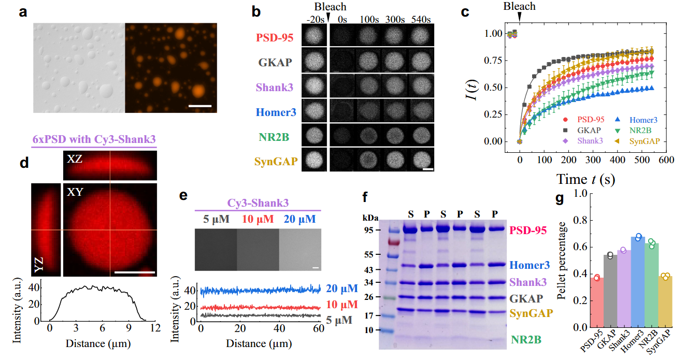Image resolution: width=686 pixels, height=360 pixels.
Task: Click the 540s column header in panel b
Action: click(x=421, y=20)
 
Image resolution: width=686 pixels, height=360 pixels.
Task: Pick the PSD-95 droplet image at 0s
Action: click(x=342, y=35)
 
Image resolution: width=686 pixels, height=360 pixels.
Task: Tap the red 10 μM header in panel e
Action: click(x=257, y=219)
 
